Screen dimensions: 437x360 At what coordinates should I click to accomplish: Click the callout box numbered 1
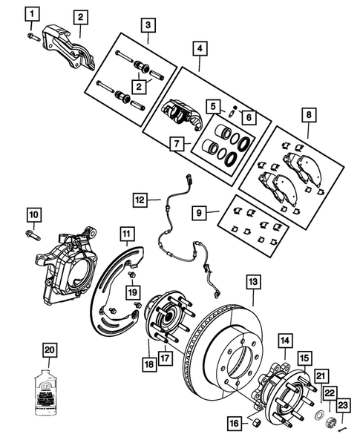tap(31, 13)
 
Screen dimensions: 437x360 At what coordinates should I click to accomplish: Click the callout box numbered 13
tap(253, 282)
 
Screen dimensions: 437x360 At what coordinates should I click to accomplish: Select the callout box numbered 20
tap(49, 350)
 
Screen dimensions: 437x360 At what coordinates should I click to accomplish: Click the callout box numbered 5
tap(213, 105)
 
